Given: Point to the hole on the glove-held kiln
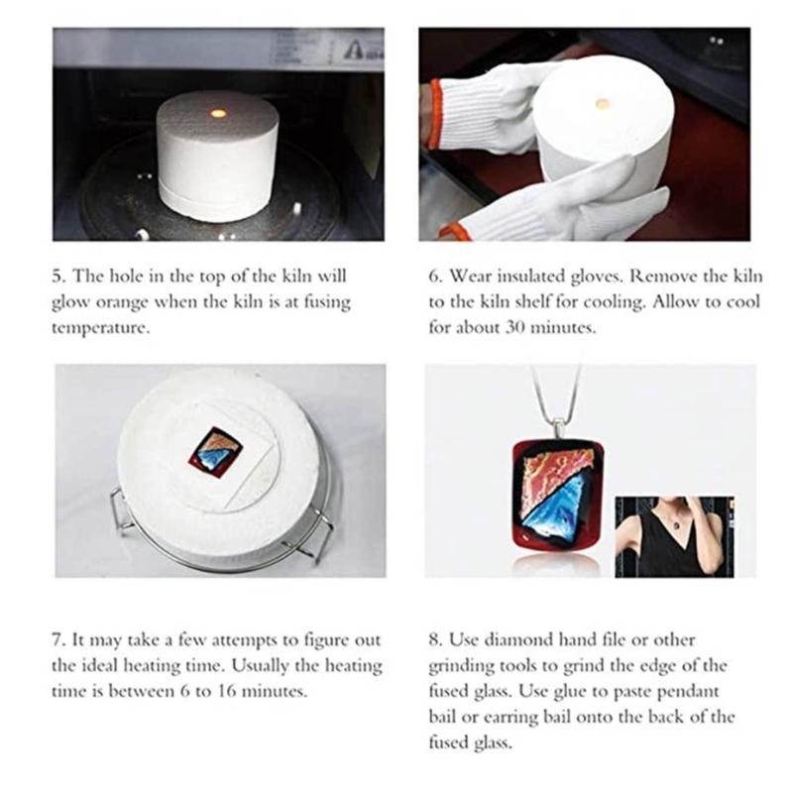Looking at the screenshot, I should [x=601, y=103].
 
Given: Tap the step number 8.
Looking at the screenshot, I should [x=434, y=641].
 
